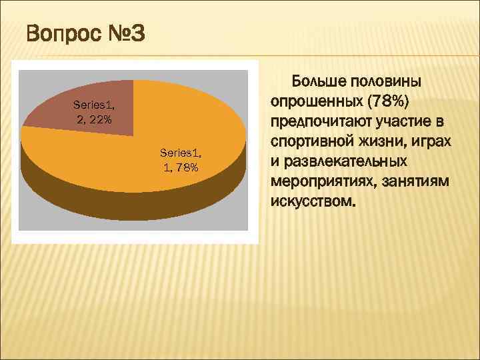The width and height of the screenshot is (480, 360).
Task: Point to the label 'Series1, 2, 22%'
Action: [x=93, y=112]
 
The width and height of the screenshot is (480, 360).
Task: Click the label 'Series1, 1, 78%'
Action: [x=181, y=160]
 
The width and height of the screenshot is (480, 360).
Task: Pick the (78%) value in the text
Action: [x=390, y=102]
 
